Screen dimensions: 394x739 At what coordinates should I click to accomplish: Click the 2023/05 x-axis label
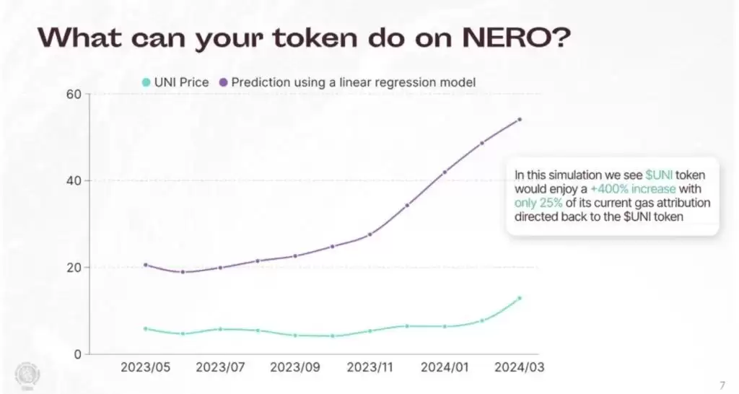click(x=145, y=367)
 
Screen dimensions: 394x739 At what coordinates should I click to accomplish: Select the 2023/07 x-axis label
click(x=220, y=367)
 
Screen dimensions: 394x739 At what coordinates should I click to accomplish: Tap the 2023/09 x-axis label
click(x=294, y=367)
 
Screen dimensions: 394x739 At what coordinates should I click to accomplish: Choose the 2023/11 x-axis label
click(x=370, y=367)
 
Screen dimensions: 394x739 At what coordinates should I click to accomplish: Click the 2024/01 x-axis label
click(x=445, y=367)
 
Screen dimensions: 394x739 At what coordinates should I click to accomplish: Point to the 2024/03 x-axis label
click(x=519, y=367)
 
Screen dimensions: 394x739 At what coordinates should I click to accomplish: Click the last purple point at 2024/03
click(x=520, y=120)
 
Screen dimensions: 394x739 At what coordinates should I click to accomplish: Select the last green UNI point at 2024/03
click(x=520, y=298)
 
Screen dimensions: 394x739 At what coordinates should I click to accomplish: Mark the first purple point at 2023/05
click(x=146, y=265)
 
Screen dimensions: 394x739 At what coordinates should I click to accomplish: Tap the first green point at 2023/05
click(x=146, y=329)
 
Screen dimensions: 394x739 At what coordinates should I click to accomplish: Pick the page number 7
click(x=723, y=384)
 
